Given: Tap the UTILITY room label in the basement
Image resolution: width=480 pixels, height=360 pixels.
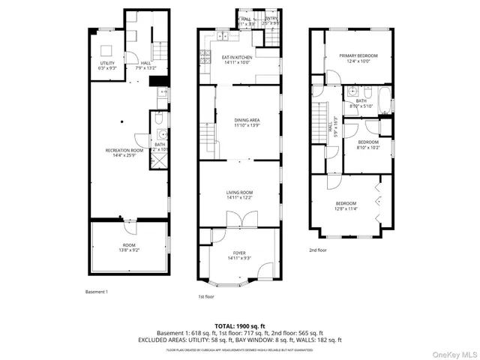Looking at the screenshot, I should click(x=108, y=65).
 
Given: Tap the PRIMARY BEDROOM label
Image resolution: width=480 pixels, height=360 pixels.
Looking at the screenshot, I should click(x=358, y=58).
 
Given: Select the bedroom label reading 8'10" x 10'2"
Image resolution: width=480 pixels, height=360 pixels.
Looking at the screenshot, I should click(x=367, y=145).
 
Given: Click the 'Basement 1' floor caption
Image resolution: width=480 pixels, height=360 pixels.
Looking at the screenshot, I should click(x=97, y=291).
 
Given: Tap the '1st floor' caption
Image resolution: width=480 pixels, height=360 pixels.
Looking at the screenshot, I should click(x=208, y=297).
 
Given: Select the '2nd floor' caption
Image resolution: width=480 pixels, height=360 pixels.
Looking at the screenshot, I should click(x=318, y=250).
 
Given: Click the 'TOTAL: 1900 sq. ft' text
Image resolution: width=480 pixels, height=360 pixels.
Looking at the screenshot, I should click(x=239, y=326).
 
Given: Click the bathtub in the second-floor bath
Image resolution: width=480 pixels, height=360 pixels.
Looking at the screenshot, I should click(x=385, y=100).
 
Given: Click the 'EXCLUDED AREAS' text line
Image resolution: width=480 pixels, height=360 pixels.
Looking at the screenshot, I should click(x=239, y=340).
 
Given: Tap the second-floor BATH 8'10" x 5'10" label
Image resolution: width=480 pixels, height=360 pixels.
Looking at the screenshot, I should click(x=361, y=103).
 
